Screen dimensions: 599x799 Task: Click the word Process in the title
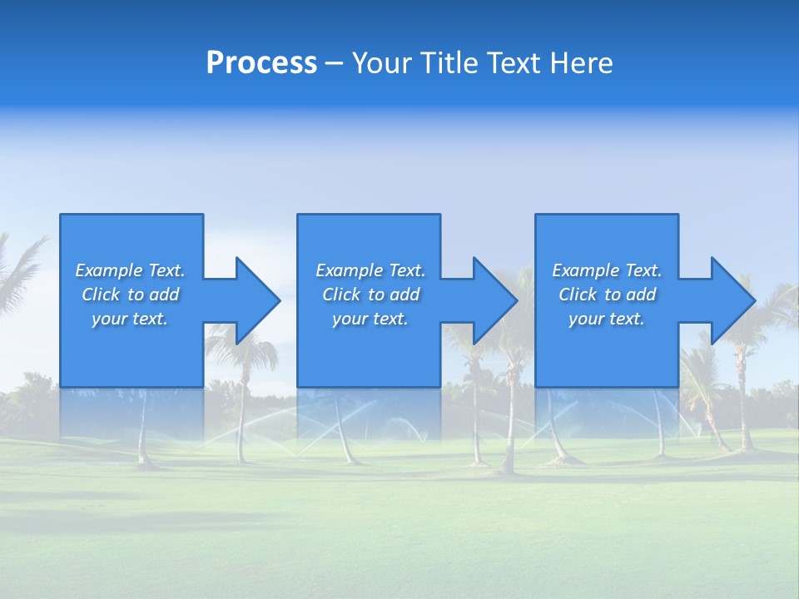261,63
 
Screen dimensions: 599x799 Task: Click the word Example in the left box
109,270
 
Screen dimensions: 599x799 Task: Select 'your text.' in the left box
130,319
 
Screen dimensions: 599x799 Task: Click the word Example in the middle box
350,270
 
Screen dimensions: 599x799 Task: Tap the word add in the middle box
404,295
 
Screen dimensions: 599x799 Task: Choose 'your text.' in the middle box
370,319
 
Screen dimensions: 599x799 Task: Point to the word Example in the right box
586,270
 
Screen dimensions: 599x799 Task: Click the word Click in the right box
578,295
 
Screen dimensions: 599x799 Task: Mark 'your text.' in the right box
607,319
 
